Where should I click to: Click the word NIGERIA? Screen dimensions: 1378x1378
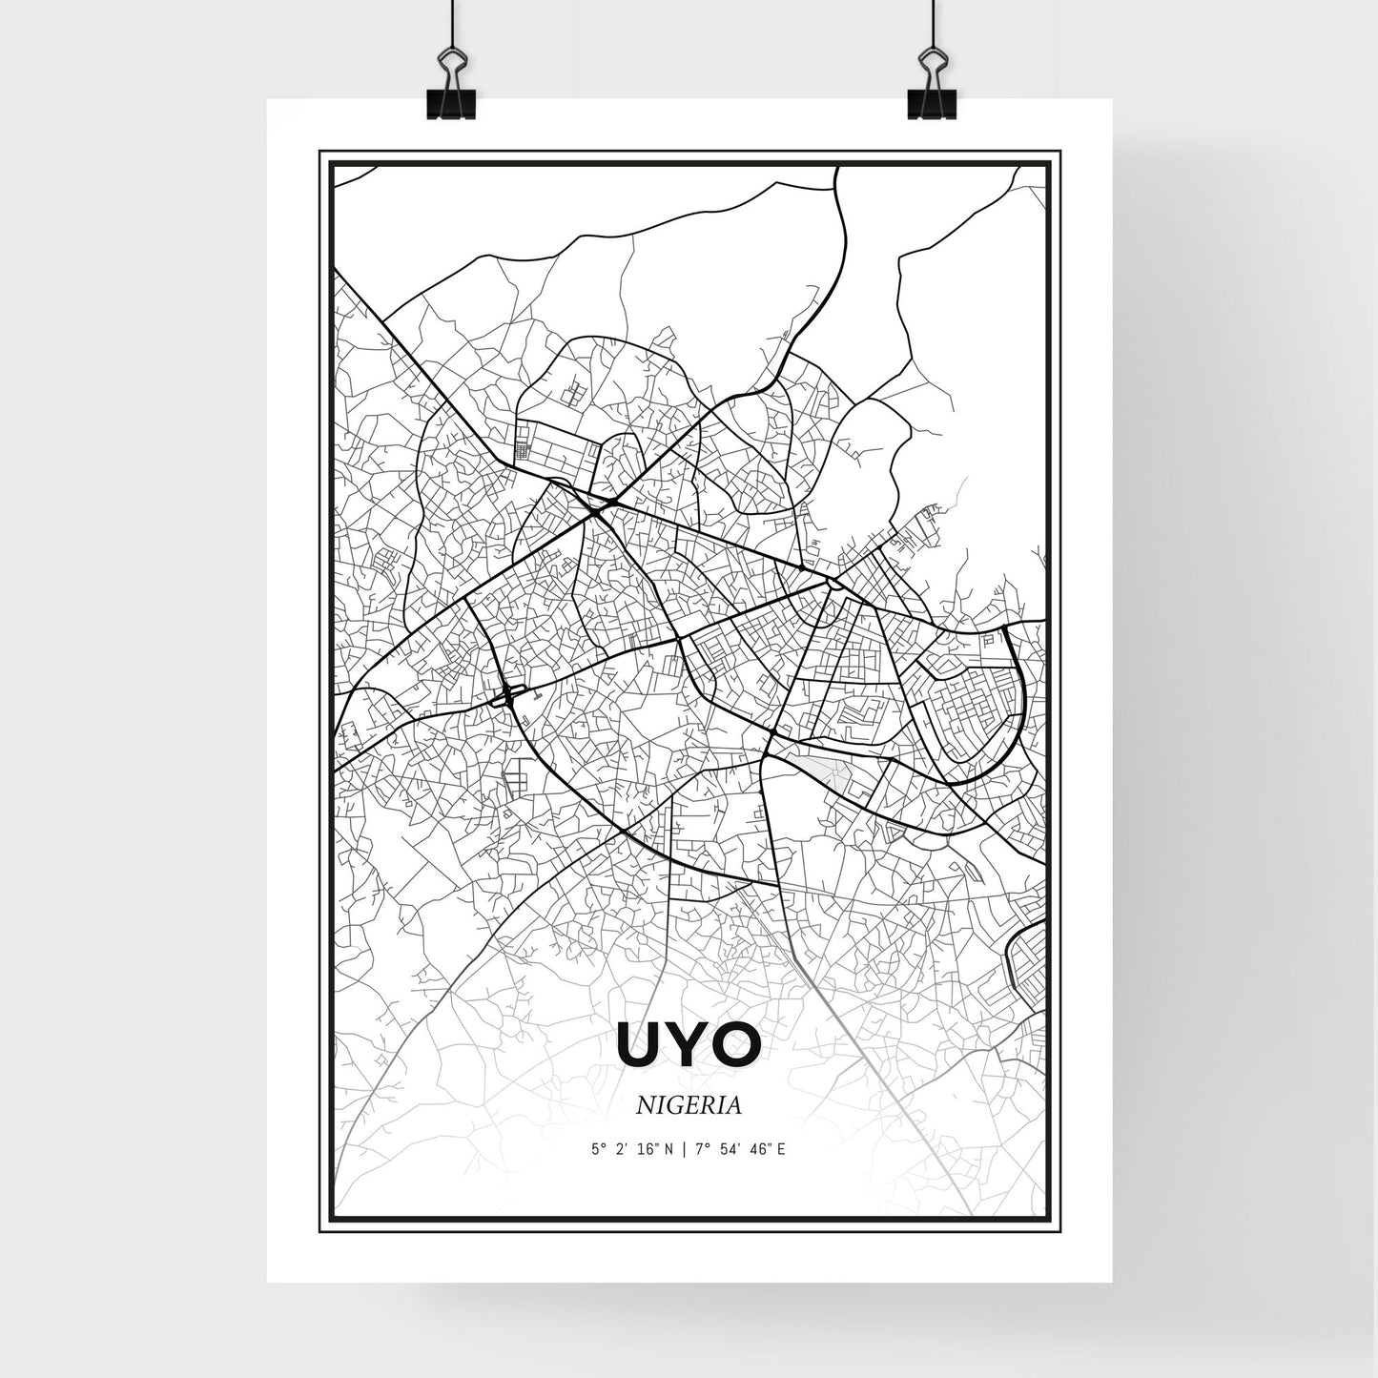(x=689, y=1105)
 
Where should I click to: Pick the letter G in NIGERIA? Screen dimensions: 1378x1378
(x=672, y=1105)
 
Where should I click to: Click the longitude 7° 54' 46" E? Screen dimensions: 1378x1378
(x=742, y=1150)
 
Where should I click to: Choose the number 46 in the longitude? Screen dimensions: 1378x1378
(x=760, y=1150)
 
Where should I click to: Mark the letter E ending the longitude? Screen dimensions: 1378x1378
(x=782, y=1150)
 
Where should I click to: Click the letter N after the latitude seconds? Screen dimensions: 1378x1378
(x=669, y=1150)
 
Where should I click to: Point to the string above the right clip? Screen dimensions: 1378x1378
(x=926, y=19)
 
